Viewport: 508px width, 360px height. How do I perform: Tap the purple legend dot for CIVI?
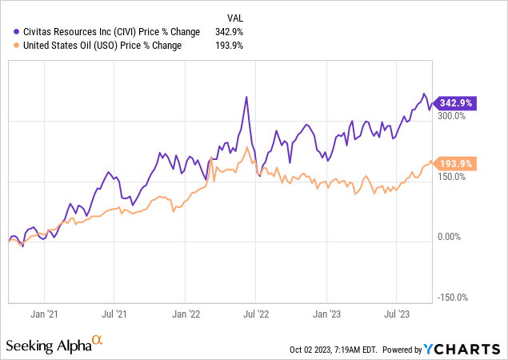[x=9, y=31]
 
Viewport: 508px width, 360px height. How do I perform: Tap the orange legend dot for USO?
[x=9, y=45]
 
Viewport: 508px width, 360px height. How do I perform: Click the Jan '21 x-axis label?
[x=47, y=315]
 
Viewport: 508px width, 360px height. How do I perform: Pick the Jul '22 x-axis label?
[x=254, y=315]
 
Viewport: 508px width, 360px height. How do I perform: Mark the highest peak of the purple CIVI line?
[x=246, y=97]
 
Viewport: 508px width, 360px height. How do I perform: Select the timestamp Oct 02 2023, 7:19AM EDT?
[x=334, y=350]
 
